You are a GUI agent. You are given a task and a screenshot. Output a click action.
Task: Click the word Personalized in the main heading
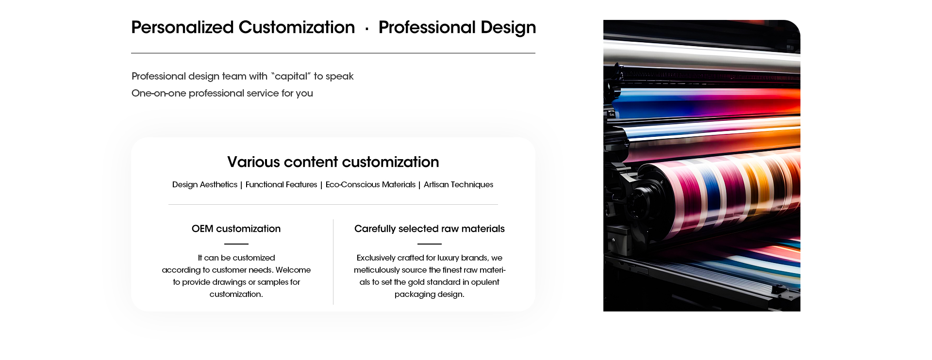click(x=183, y=28)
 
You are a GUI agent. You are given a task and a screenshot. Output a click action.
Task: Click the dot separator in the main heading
click(x=367, y=29)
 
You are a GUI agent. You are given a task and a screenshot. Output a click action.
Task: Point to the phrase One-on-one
click(x=159, y=93)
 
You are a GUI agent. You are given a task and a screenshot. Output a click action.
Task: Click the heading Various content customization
click(x=333, y=162)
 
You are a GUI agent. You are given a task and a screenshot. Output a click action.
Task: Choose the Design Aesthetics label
click(x=205, y=184)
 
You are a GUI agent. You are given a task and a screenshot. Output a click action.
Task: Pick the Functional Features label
click(x=281, y=184)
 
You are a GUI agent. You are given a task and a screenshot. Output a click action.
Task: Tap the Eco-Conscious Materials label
click(x=370, y=184)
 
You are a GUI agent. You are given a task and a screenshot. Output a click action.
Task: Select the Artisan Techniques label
click(x=458, y=184)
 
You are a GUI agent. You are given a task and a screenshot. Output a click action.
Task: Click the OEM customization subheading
click(x=236, y=229)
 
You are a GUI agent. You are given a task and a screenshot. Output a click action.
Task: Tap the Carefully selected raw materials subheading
click(x=430, y=229)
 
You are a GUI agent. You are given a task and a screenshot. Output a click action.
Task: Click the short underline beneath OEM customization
click(x=236, y=244)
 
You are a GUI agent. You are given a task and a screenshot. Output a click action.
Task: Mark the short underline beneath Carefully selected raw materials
click(x=430, y=244)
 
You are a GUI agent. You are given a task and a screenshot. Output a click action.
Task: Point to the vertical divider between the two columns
click(x=333, y=262)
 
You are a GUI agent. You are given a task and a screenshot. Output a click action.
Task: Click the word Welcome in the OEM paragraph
click(x=293, y=270)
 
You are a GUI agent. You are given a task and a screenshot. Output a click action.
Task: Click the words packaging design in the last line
click(x=430, y=294)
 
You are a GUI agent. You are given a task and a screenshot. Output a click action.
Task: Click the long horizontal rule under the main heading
click(x=333, y=53)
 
